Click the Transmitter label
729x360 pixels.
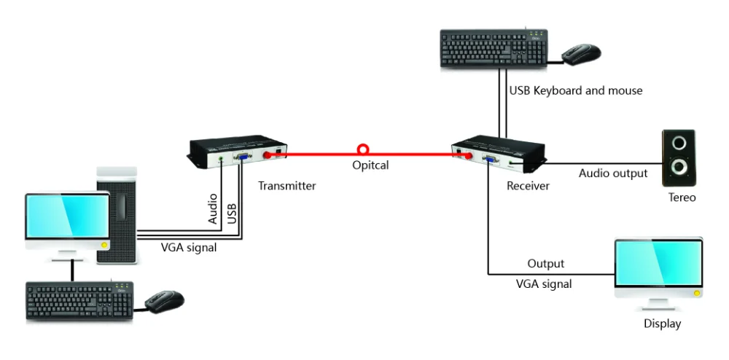click(x=286, y=186)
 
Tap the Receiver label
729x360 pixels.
click(x=528, y=186)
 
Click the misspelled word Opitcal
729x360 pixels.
click(x=370, y=165)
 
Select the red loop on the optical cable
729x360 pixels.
click(x=362, y=149)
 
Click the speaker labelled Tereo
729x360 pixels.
click(x=678, y=158)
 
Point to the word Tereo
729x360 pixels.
click(x=682, y=197)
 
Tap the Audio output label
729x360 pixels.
click(x=613, y=173)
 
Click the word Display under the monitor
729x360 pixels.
click(x=662, y=324)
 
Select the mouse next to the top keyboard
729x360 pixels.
click(x=581, y=55)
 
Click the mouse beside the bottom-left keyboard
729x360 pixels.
click(x=164, y=301)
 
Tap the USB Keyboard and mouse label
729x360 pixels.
click(x=576, y=90)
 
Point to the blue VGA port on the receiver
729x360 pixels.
click(x=488, y=160)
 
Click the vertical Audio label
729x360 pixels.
click(x=212, y=209)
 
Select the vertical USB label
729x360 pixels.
click(x=232, y=214)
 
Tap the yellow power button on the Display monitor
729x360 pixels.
click(x=696, y=293)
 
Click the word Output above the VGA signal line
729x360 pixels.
click(x=545, y=264)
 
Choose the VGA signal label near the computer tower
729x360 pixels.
click(x=189, y=248)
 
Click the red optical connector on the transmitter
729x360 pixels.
click(x=268, y=156)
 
